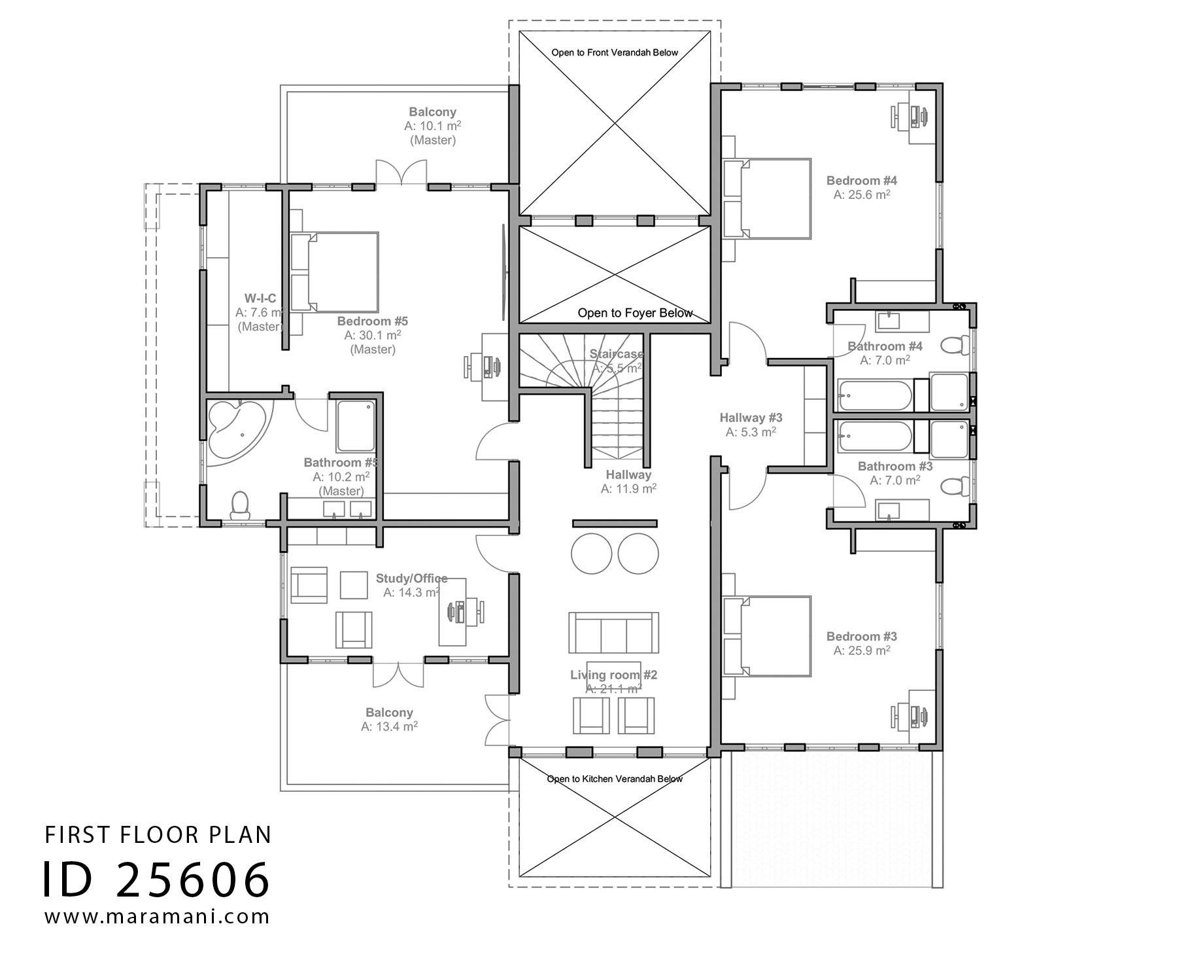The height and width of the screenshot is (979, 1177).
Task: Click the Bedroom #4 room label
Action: pyautogui.click(x=861, y=181)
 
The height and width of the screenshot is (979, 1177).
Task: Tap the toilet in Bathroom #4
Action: pyautogui.click(x=955, y=344)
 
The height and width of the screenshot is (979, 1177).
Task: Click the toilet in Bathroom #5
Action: pyautogui.click(x=240, y=506)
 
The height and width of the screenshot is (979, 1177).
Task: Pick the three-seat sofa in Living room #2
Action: pyautogui.click(x=613, y=633)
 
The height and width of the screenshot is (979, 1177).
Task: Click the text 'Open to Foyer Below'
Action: pyautogui.click(x=634, y=313)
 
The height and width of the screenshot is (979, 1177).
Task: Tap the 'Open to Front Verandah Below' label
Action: pyautogui.click(x=614, y=52)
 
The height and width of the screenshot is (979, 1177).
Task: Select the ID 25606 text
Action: pyautogui.click(x=156, y=879)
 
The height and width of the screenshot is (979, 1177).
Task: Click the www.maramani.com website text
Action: pyautogui.click(x=157, y=916)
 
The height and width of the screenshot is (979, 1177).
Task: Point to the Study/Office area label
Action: pyautogui.click(x=411, y=578)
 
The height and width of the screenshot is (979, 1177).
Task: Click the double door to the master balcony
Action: pyautogui.click(x=401, y=173)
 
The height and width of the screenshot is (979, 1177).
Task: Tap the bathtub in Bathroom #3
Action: pyautogui.click(x=874, y=436)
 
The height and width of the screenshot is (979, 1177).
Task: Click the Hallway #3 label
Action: pyautogui.click(x=751, y=418)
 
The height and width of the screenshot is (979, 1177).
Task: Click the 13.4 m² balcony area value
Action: pyautogui.click(x=389, y=726)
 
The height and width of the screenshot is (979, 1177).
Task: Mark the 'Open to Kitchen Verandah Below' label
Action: pyautogui.click(x=614, y=779)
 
